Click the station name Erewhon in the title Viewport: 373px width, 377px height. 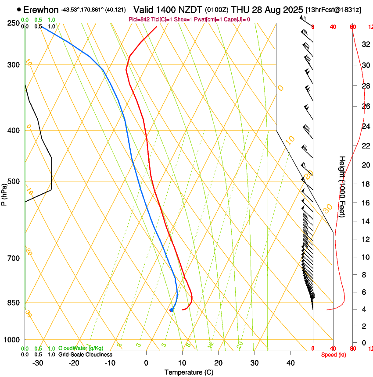coord(41,9)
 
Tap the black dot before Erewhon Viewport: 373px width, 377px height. coord(19,9)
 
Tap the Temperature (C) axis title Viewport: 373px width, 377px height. coord(189,373)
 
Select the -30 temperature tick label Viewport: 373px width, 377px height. coord(38,363)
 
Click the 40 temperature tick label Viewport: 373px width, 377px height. coord(290,363)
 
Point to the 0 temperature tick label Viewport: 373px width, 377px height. coord(146,363)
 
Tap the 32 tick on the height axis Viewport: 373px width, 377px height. coord(365,44)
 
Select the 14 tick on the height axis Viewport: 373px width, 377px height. coord(365,221)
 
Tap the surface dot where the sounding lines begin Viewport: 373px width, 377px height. coord(172,310)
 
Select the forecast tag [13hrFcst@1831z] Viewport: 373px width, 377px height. coord(333,10)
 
